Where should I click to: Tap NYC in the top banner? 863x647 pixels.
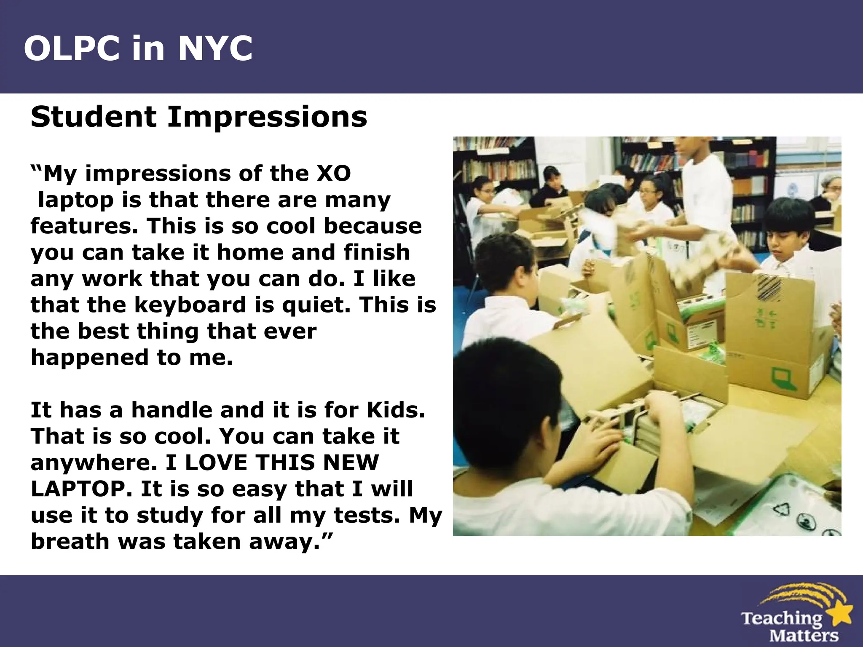click(215, 48)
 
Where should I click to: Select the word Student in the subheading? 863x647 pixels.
click(94, 117)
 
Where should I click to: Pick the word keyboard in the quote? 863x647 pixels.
click(190, 305)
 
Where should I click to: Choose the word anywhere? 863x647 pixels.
click(91, 463)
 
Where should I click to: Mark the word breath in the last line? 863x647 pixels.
click(70, 541)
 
